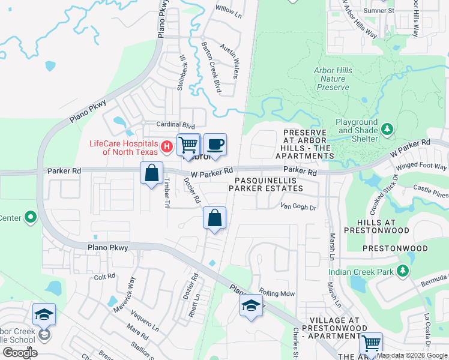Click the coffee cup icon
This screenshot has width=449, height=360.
(215, 145)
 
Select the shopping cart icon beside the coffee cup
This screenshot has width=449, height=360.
(188, 145)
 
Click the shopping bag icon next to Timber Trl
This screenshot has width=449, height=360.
(152, 173)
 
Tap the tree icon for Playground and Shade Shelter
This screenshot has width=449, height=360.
(387, 129)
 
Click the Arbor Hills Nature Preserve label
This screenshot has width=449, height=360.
(333, 79)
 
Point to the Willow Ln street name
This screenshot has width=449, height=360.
(228, 10)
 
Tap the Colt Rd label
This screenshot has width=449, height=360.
(104, 277)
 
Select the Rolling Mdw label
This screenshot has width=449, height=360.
(277, 293)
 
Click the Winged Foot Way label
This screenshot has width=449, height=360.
(426, 166)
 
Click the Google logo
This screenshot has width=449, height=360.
(20, 352)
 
